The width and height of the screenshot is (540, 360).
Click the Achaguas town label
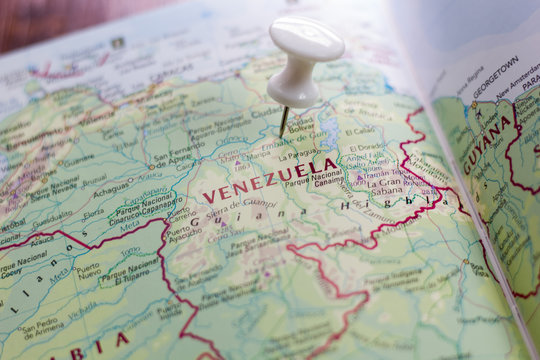coord(111,188)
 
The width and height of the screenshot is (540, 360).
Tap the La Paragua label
coord(301,155)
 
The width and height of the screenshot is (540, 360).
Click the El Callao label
coord(360,131)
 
